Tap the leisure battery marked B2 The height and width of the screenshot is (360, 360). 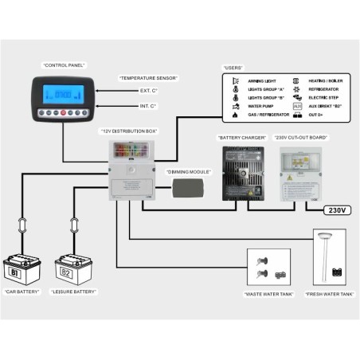(74, 270)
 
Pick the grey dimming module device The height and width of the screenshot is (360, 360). (188, 187)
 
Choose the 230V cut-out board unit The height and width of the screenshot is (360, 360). (297, 172)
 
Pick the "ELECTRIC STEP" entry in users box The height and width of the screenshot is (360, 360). (323, 97)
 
